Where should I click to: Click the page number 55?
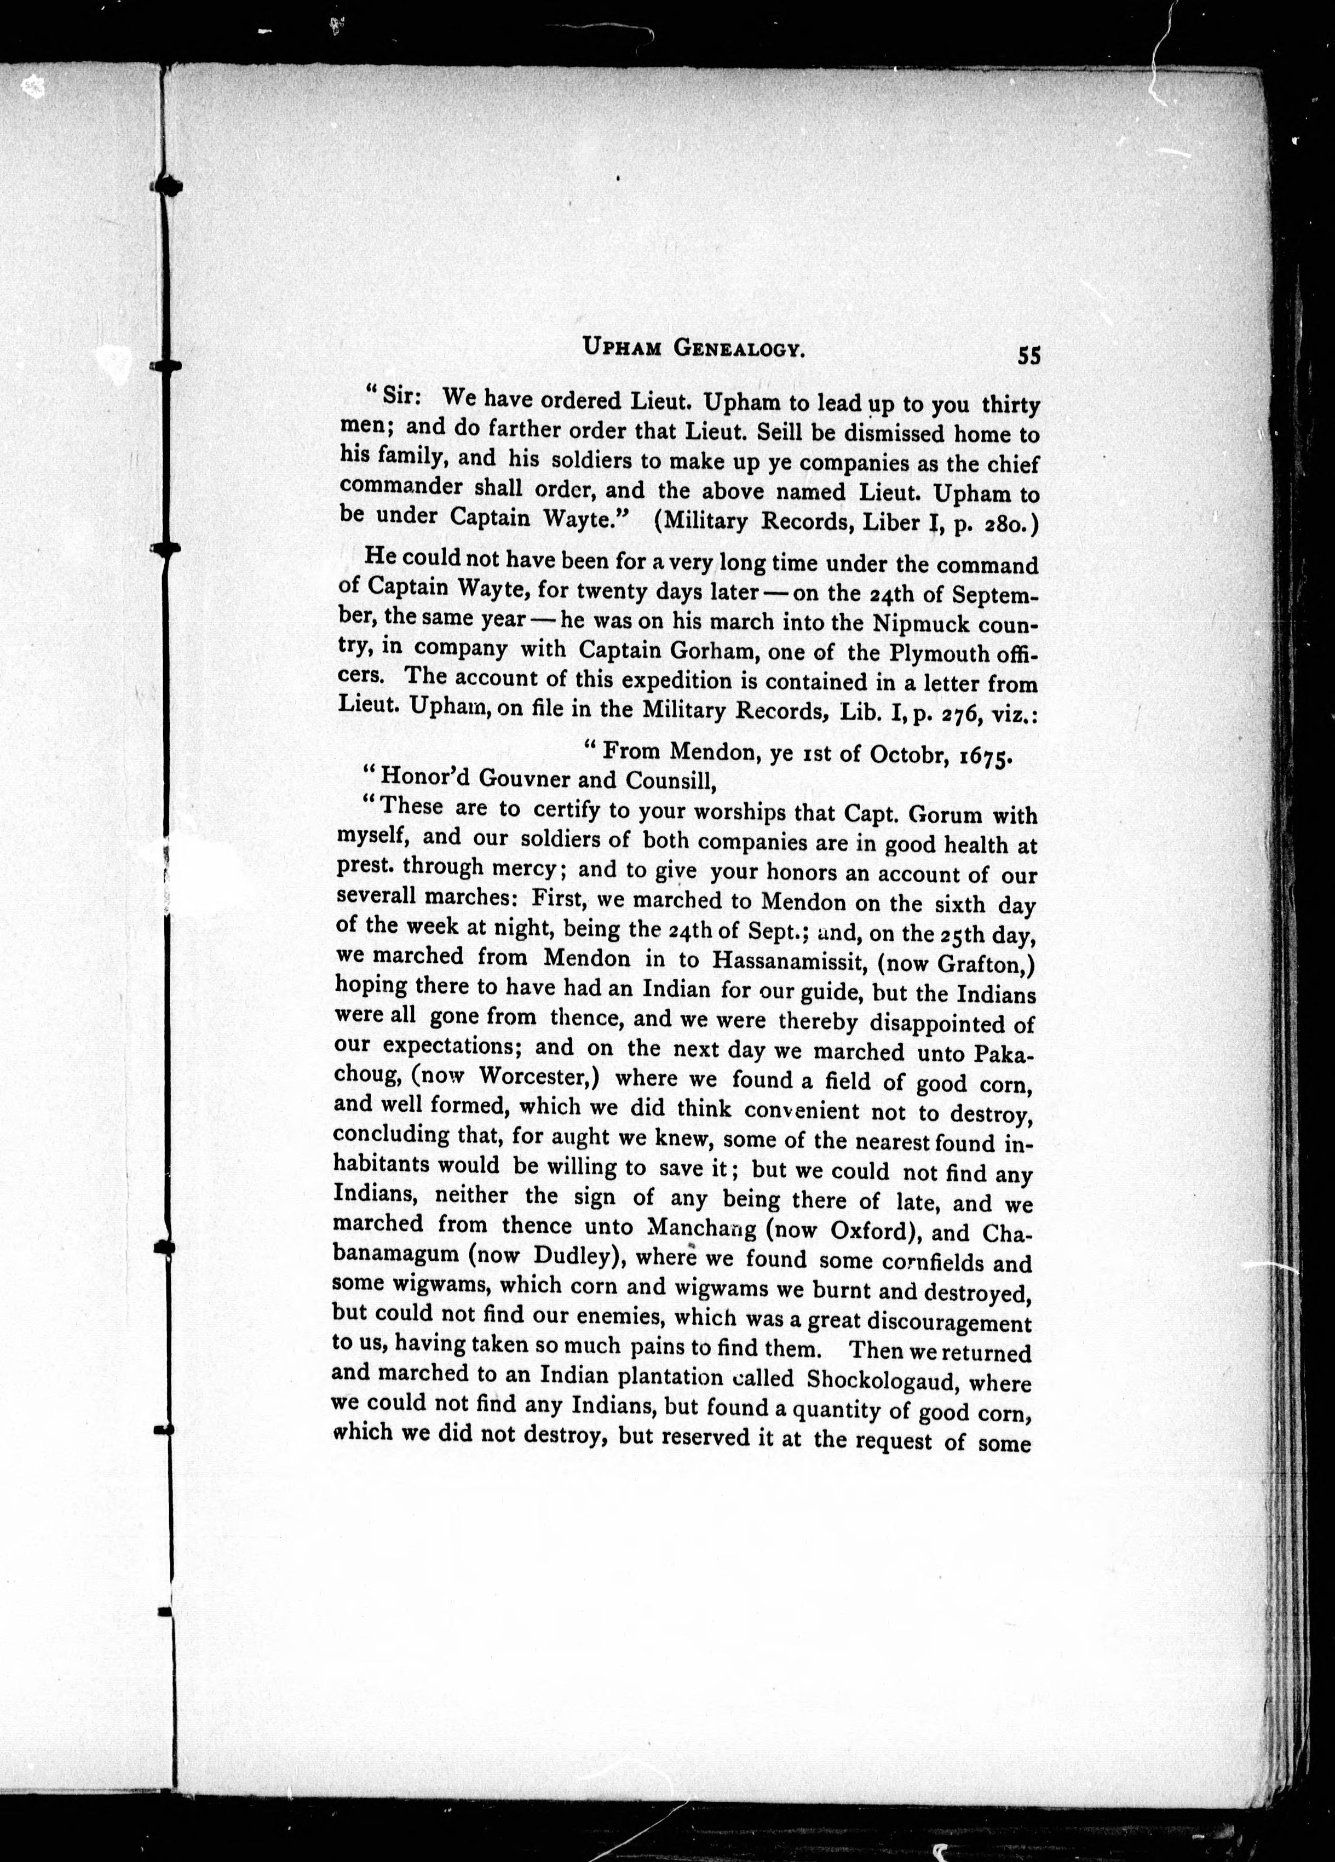(1029, 355)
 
